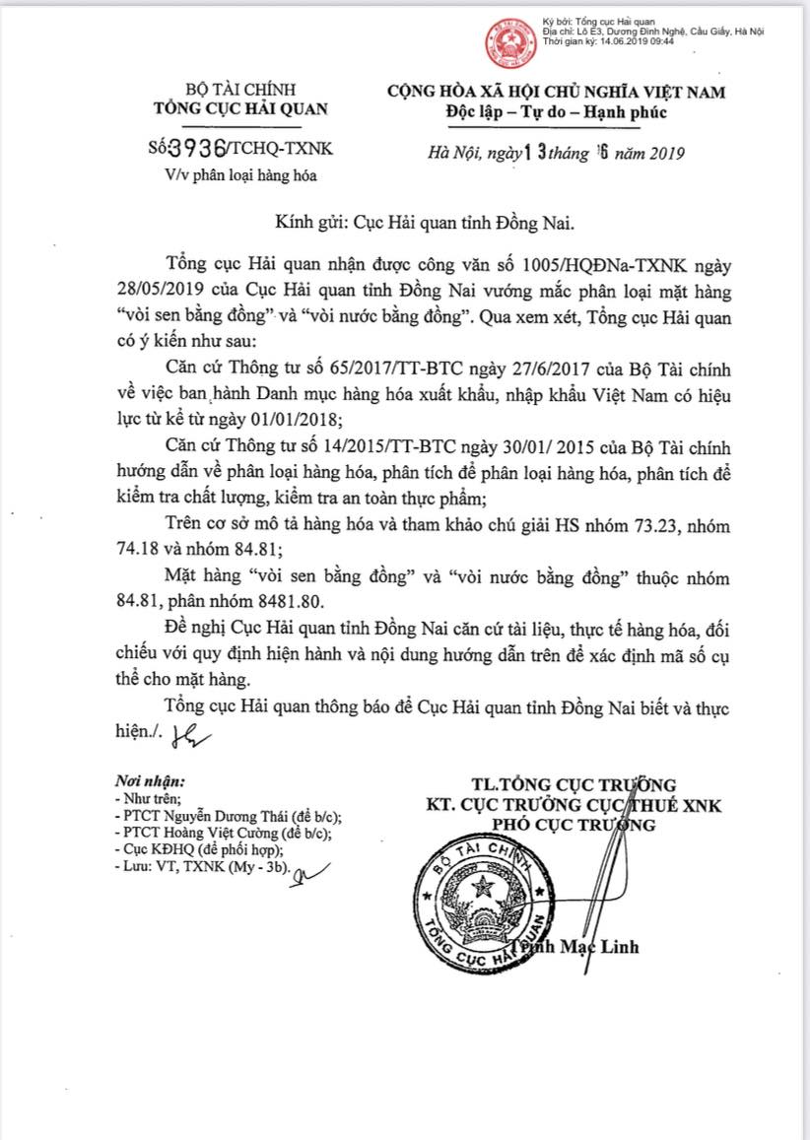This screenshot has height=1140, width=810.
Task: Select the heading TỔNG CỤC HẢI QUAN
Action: pyautogui.click(x=239, y=109)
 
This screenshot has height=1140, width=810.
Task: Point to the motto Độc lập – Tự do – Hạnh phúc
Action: pyautogui.click(x=555, y=111)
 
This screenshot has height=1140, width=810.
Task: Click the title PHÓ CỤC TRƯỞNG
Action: pyautogui.click(x=573, y=825)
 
